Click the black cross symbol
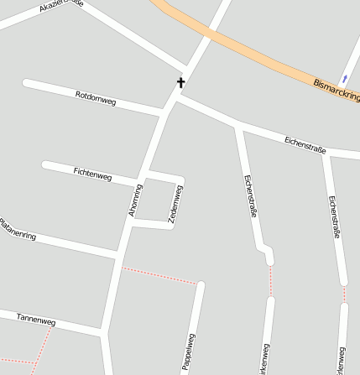click(x=180, y=82)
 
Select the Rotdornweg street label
click(x=96, y=97)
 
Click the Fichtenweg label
click(x=92, y=174)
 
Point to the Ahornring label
click(x=136, y=201)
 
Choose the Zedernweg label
click(x=176, y=203)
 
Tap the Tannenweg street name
click(x=36, y=320)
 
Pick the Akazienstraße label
click(x=60, y=8)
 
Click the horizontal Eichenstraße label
click(x=305, y=143)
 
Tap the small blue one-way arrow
click(x=344, y=78)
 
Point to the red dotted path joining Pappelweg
click(x=159, y=275)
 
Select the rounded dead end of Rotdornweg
click(x=27, y=83)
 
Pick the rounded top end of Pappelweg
click(x=201, y=285)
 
